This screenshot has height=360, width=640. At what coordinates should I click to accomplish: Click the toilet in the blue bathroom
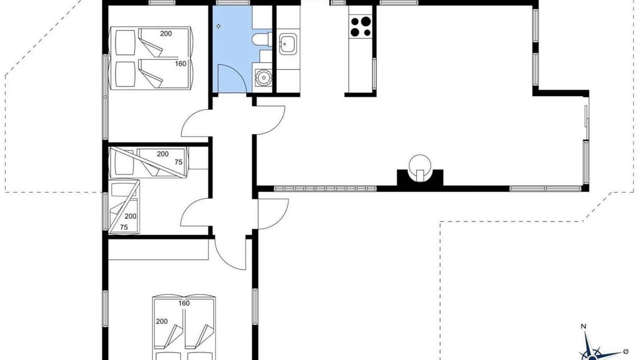261,39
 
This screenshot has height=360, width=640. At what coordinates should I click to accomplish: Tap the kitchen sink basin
287,43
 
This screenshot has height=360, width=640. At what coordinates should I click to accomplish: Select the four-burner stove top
360,27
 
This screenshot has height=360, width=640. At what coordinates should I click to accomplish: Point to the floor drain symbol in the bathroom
218,26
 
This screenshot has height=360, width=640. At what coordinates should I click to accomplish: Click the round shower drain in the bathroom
263,77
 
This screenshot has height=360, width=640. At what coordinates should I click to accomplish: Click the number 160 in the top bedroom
180,63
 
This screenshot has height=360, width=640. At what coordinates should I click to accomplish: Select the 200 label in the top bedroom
165,33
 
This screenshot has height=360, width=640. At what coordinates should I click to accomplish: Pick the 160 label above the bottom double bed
184,303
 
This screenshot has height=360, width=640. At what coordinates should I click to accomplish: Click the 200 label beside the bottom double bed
161,321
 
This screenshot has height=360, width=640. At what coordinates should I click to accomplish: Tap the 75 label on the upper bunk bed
178,162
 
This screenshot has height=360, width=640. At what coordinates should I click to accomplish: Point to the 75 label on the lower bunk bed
123,227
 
